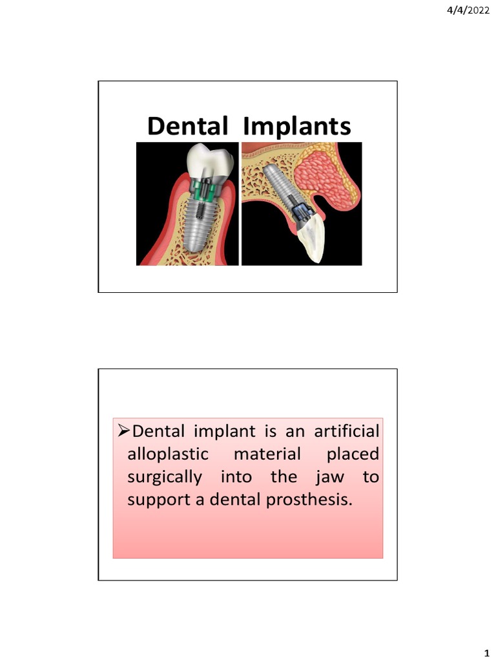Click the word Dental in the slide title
187,127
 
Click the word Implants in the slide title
296,127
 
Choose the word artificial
347,431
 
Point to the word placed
353,454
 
